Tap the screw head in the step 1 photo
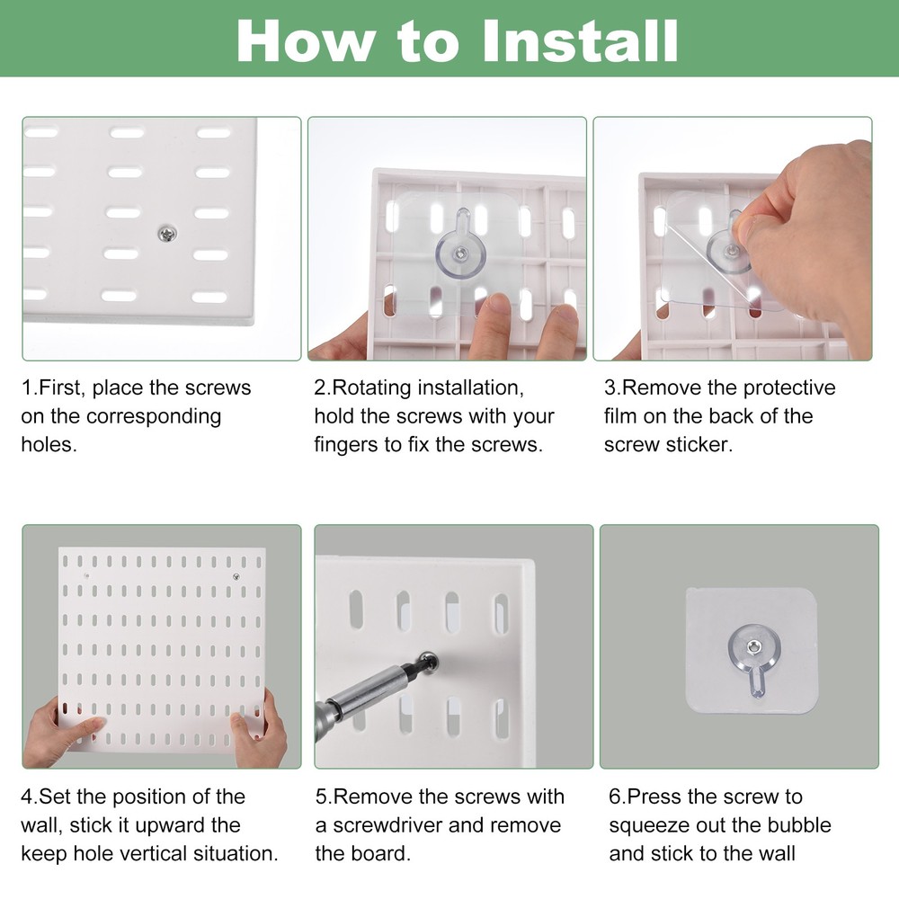(165, 234)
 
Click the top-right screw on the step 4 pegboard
(236, 576)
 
